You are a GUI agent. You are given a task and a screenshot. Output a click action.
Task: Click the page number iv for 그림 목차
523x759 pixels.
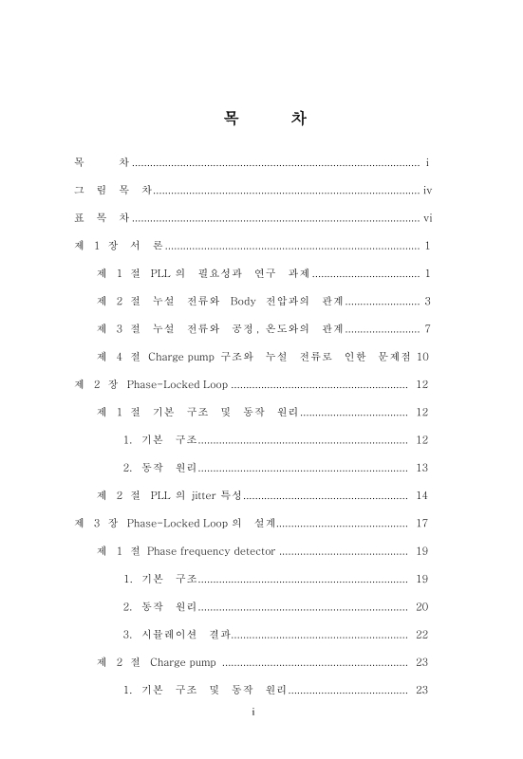click(x=427, y=191)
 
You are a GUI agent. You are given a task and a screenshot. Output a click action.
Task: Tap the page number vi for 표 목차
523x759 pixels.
click(x=427, y=218)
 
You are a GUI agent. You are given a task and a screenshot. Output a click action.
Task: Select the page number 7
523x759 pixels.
click(x=429, y=329)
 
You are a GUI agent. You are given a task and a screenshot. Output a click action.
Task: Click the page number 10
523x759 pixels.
click(x=424, y=357)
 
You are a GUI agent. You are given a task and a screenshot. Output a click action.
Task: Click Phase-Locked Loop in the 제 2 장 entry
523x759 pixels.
click(x=177, y=384)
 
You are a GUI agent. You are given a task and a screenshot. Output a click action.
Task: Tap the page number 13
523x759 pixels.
click(x=422, y=468)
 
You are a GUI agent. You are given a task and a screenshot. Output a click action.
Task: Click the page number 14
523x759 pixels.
click(x=422, y=495)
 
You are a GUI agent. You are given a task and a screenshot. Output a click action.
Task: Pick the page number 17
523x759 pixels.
click(x=422, y=523)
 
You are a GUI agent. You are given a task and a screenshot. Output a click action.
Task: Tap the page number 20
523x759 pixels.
click(x=422, y=606)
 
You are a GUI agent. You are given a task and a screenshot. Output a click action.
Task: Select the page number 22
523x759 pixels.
click(x=422, y=634)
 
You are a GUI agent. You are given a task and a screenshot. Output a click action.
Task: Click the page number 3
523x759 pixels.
click(x=429, y=302)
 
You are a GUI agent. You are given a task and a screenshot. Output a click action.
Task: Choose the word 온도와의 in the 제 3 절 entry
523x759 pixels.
click(x=287, y=329)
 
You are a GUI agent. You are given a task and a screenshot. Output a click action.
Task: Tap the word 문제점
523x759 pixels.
click(x=394, y=357)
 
